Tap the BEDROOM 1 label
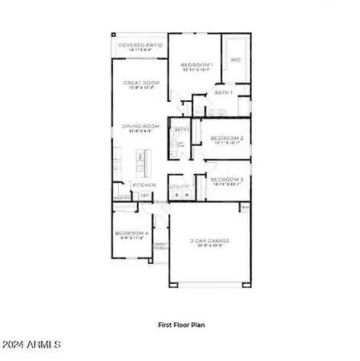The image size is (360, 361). tap(196, 64)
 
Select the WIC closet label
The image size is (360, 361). tap(236, 59)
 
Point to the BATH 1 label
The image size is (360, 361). tap(223, 92)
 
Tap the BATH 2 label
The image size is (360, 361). tap(182, 129)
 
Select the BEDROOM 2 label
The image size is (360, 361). tap(226, 138)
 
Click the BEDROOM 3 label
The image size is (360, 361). tap(226, 180)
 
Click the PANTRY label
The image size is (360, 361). tap(121, 197)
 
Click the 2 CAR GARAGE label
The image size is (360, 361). tap(209, 241)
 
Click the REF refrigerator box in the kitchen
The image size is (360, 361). tap(144, 195)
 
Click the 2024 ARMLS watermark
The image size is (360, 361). tap(32, 346)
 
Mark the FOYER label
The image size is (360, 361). tap(160, 201)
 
